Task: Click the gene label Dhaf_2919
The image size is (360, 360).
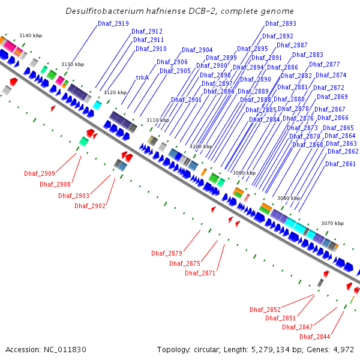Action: [113, 23]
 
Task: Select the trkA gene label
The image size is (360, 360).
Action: [142, 77]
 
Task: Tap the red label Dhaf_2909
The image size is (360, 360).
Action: [40, 173]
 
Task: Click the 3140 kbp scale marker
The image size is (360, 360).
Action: [29, 36]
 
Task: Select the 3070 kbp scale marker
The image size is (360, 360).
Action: [332, 223]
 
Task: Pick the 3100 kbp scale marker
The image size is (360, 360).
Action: [200, 146]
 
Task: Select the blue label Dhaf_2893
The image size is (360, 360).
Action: [281, 23]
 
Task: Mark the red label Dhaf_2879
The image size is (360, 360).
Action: [167, 253]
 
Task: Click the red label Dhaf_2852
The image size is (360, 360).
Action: [265, 310]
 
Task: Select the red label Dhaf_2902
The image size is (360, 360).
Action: [90, 206]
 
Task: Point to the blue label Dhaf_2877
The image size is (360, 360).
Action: [325, 64]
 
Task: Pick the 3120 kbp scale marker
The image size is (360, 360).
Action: [115, 92]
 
